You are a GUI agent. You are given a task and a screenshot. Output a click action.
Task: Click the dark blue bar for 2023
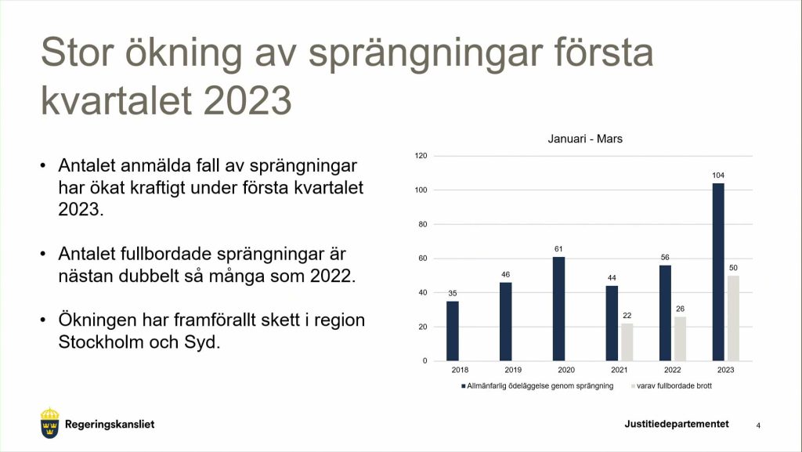coord(718,272)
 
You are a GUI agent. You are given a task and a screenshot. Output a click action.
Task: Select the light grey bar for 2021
coord(627,342)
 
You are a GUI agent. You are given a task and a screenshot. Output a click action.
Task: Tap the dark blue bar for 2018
coord(453,331)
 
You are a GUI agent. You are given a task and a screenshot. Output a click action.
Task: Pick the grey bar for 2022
coord(681,338)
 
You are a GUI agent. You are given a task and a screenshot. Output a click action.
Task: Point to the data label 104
coord(718,175)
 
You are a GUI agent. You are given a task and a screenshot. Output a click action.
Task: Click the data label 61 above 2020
coord(558,249)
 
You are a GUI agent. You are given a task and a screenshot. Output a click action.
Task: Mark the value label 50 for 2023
coord(733,267)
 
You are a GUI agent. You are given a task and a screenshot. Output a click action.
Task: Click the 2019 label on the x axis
coord(513,370)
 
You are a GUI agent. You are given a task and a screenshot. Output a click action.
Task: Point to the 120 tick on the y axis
coord(421,155)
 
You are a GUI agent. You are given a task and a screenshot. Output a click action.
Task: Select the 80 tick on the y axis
coord(422,224)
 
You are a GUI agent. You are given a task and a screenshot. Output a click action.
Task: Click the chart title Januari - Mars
coord(585,139)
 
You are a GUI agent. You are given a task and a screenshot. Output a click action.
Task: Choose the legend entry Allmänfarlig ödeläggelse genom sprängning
coord(537,386)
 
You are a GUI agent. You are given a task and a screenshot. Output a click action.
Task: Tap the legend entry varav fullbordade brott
coord(671,386)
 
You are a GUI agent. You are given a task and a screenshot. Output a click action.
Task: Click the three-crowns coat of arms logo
coord(49,423)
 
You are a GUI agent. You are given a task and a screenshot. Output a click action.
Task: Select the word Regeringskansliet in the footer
coord(110,425)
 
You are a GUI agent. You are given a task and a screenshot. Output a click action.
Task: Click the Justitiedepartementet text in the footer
coord(677,424)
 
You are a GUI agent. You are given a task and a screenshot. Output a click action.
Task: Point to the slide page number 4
coord(758,425)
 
